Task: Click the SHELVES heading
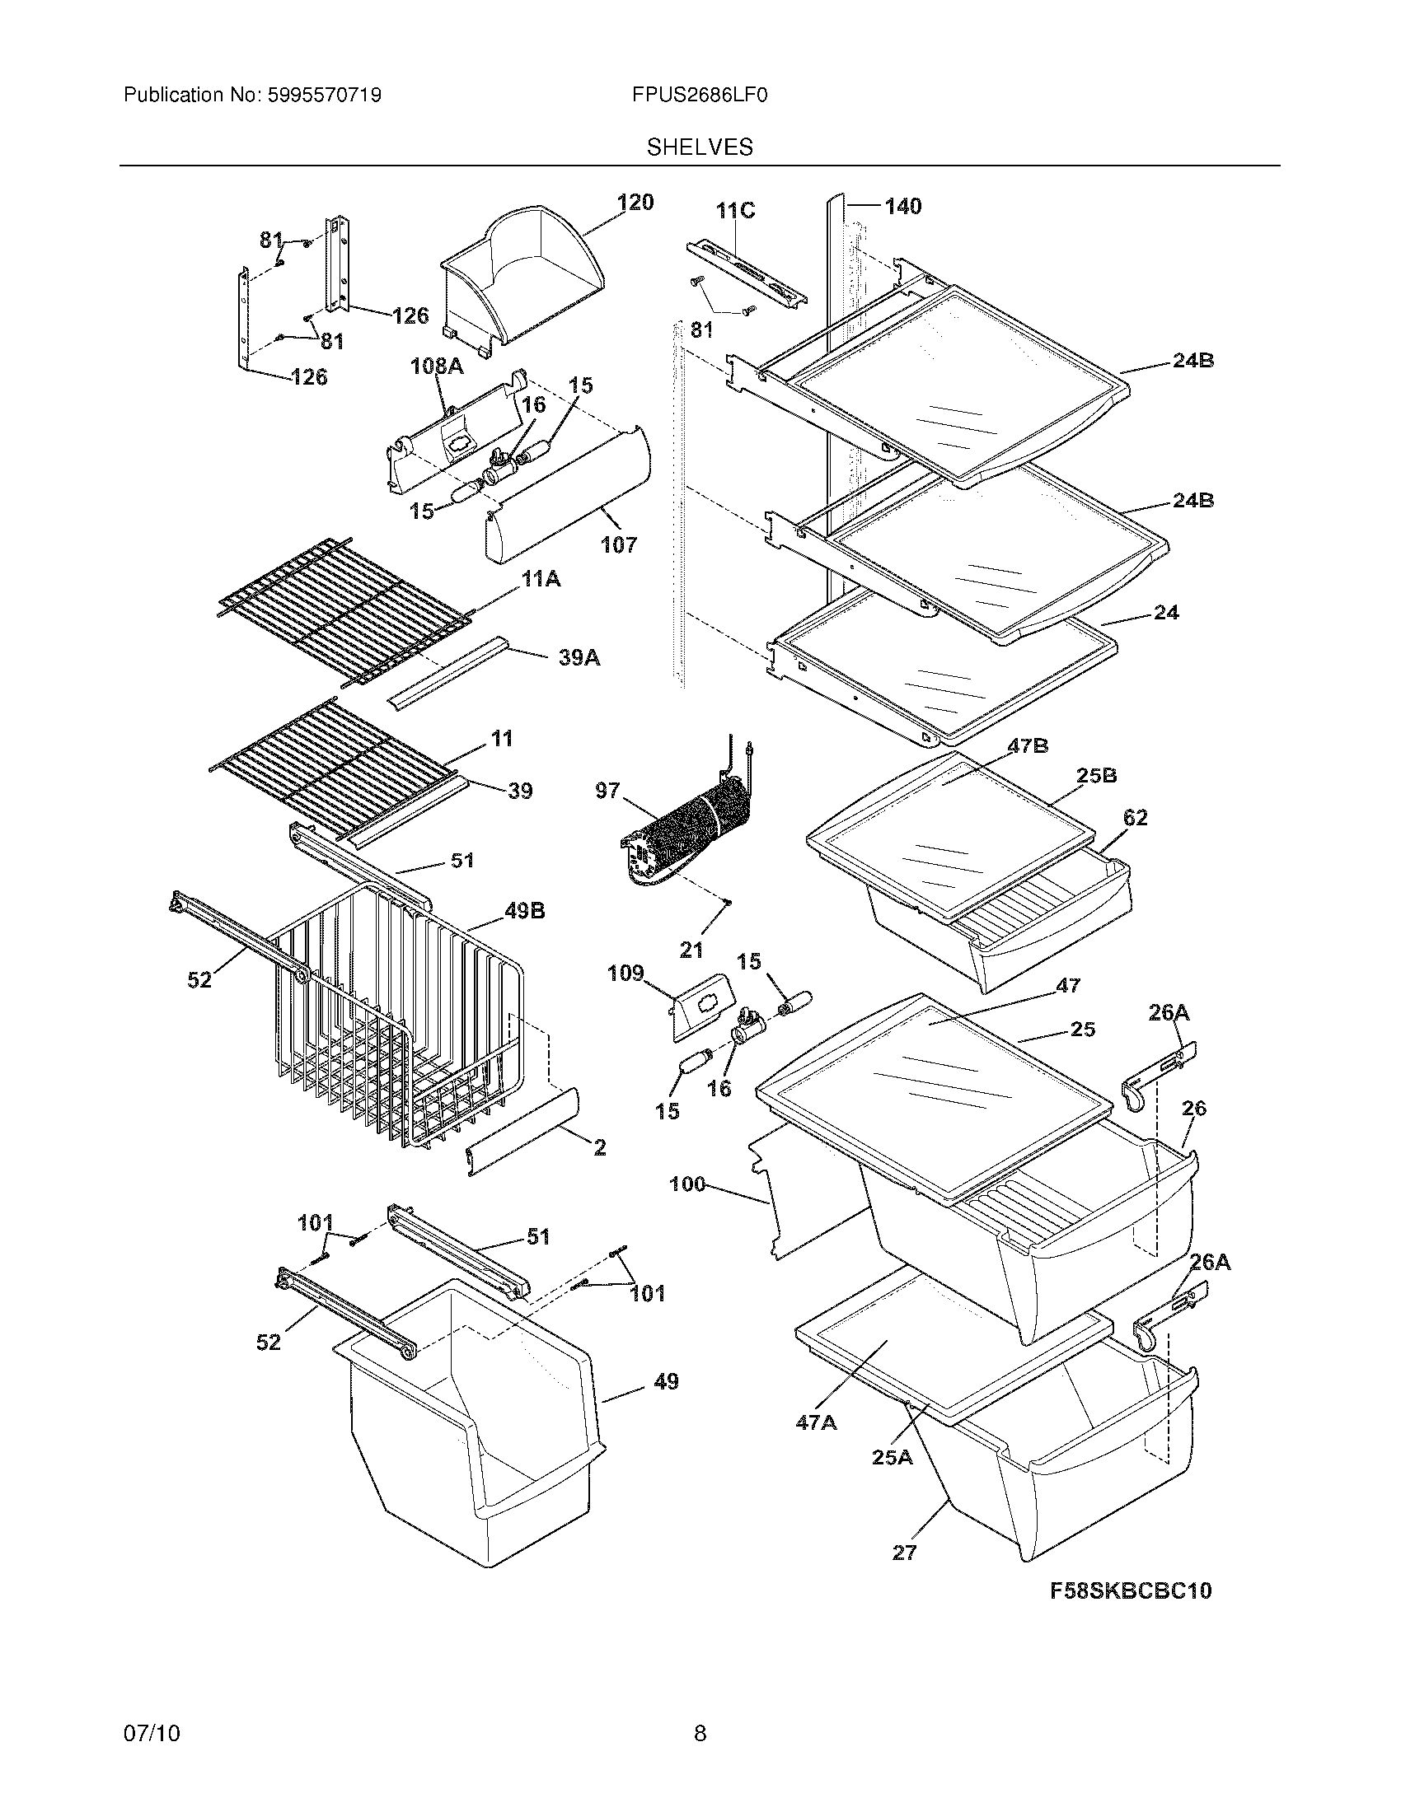tap(700, 147)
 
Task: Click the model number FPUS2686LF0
tap(699, 96)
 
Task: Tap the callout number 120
tap(635, 203)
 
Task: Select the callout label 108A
tap(437, 366)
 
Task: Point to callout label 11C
tap(736, 211)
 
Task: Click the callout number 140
tap(903, 206)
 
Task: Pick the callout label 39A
tap(579, 658)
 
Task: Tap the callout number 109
tap(625, 973)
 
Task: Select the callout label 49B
tap(524, 911)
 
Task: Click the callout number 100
tap(686, 1184)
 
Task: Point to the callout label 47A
tap(816, 1423)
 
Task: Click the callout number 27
tap(904, 1553)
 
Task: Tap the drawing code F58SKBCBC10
tap(1131, 1590)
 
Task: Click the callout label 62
tap(1135, 817)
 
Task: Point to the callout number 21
tap(691, 950)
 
